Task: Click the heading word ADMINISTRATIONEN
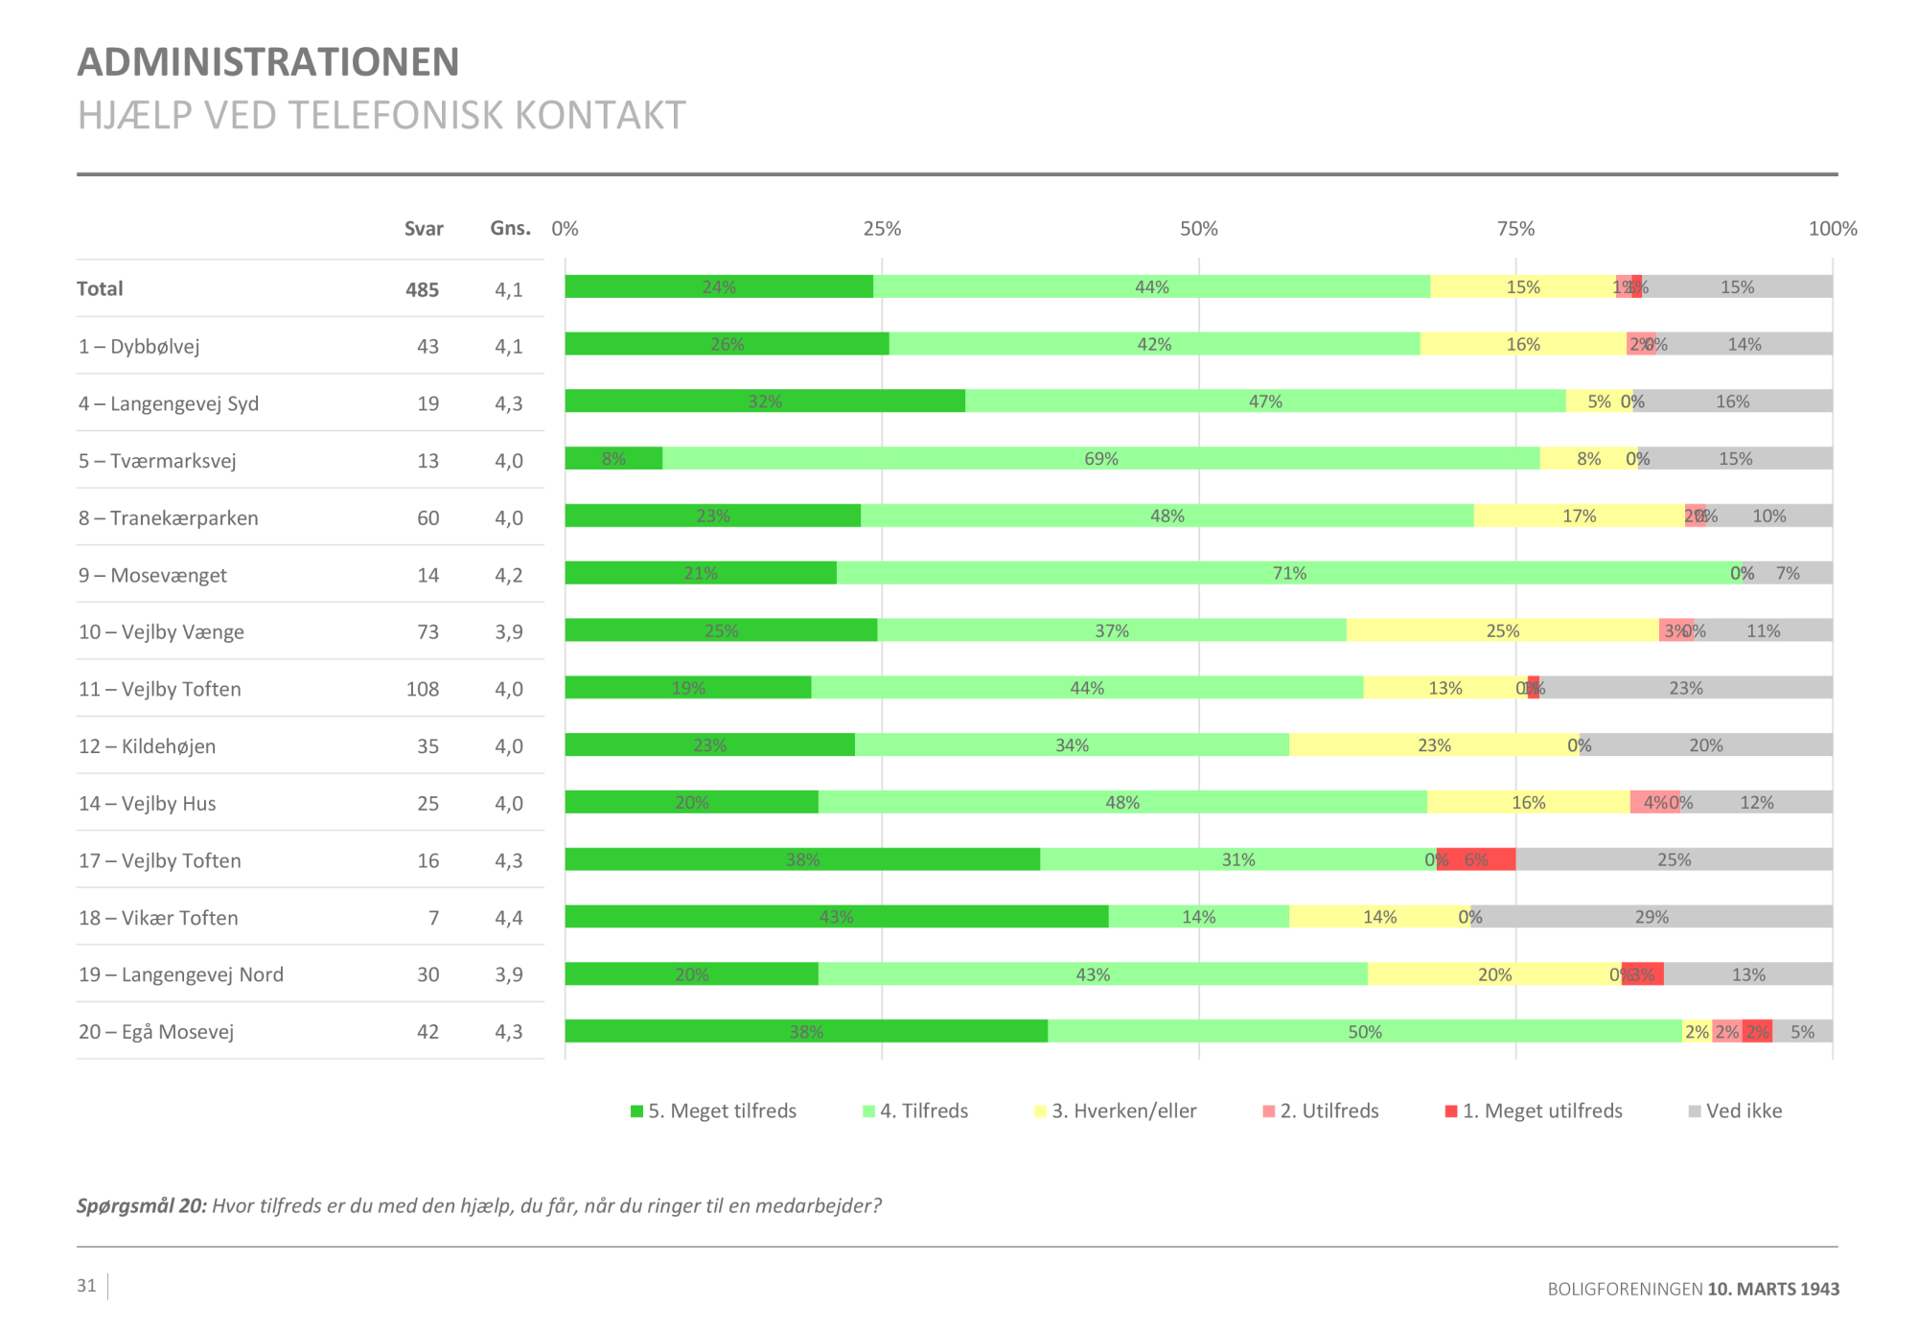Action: (x=268, y=62)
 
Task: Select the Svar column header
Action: (x=424, y=229)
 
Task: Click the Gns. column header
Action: (x=510, y=228)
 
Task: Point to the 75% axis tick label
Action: (x=1515, y=229)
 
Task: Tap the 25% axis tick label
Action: (x=882, y=229)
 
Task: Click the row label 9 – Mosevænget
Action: (x=153, y=575)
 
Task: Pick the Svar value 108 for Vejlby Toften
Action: (x=423, y=689)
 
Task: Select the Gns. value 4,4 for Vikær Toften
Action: (x=509, y=918)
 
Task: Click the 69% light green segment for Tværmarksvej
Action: (x=1100, y=459)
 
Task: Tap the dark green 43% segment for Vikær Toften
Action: (x=836, y=917)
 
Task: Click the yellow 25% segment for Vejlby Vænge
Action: (x=1502, y=630)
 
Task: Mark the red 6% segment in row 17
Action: (x=1477, y=859)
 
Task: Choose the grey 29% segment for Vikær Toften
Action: (x=1651, y=917)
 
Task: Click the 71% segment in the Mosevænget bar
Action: (x=1289, y=573)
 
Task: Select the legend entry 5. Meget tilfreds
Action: (x=714, y=1111)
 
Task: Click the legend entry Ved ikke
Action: (x=1736, y=1111)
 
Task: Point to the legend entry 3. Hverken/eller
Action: (x=1117, y=1111)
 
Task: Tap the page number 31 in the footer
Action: (x=87, y=1286)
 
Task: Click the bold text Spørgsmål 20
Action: (x=142, y=1206)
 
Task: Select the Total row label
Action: (x=100, y=289)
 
